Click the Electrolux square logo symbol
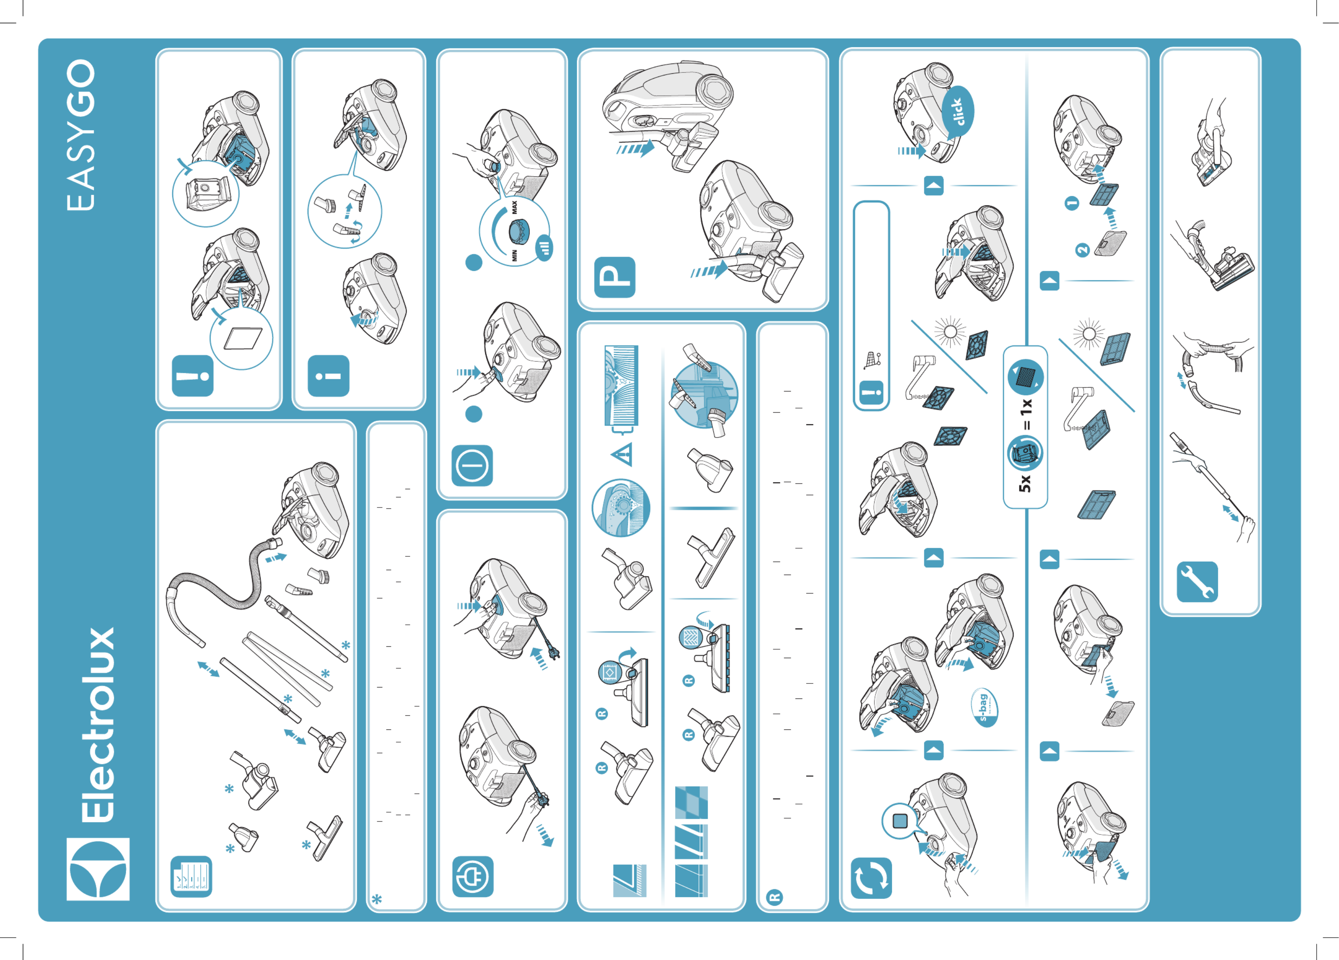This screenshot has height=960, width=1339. [x=98, y=869]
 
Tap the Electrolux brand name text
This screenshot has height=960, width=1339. [x=99, y=725]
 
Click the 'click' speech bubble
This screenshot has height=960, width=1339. [x=958, y=112]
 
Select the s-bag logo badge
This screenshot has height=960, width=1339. [x=984, y=707]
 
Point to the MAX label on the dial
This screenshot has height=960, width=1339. [x=514, y=207]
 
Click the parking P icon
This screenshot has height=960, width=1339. [x=615, y=277]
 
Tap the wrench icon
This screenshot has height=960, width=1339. [x=1197, y=582]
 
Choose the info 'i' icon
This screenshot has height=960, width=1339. [x=328, y=376]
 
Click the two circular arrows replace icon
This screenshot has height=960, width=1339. [x=871, y=878]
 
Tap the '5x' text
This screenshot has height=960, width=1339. [x=1025, y=483]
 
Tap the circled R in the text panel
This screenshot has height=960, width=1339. [x=774, y=897]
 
